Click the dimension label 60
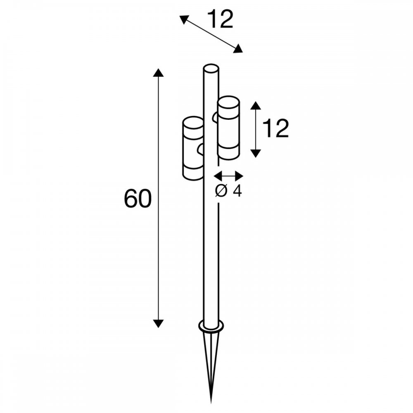[138, 198]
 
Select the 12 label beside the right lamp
[275, 128]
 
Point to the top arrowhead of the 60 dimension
[158, 72]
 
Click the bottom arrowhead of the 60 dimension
[158, 323]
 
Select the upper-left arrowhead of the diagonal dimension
[184, 19]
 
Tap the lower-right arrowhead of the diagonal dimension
[238, 49]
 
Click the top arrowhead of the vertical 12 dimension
[255, 105]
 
